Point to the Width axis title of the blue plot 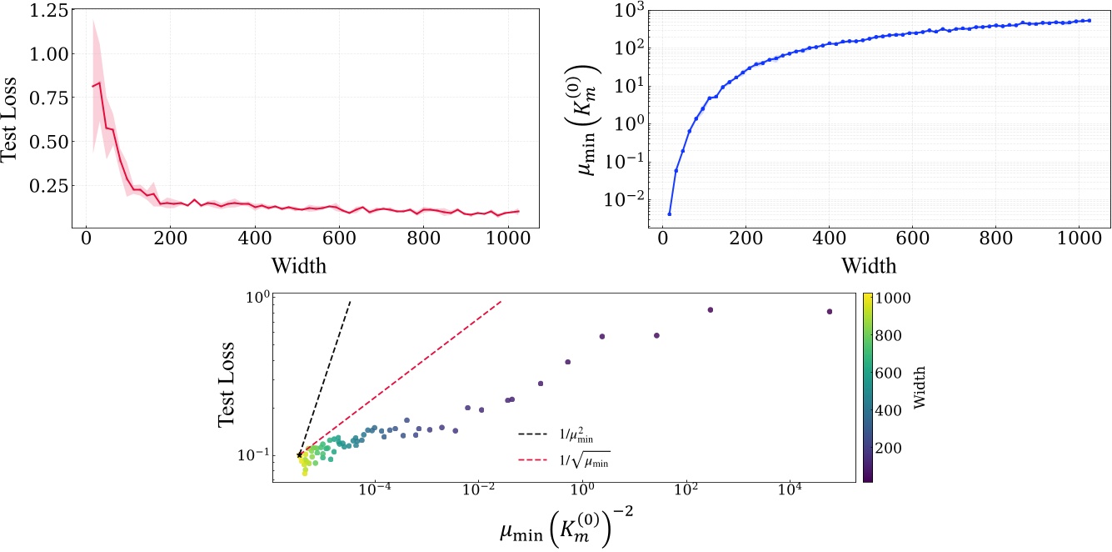869,266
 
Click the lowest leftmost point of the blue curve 669,213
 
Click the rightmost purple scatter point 830,312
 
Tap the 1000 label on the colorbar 890,296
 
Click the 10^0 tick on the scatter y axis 256,298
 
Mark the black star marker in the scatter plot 300,454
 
